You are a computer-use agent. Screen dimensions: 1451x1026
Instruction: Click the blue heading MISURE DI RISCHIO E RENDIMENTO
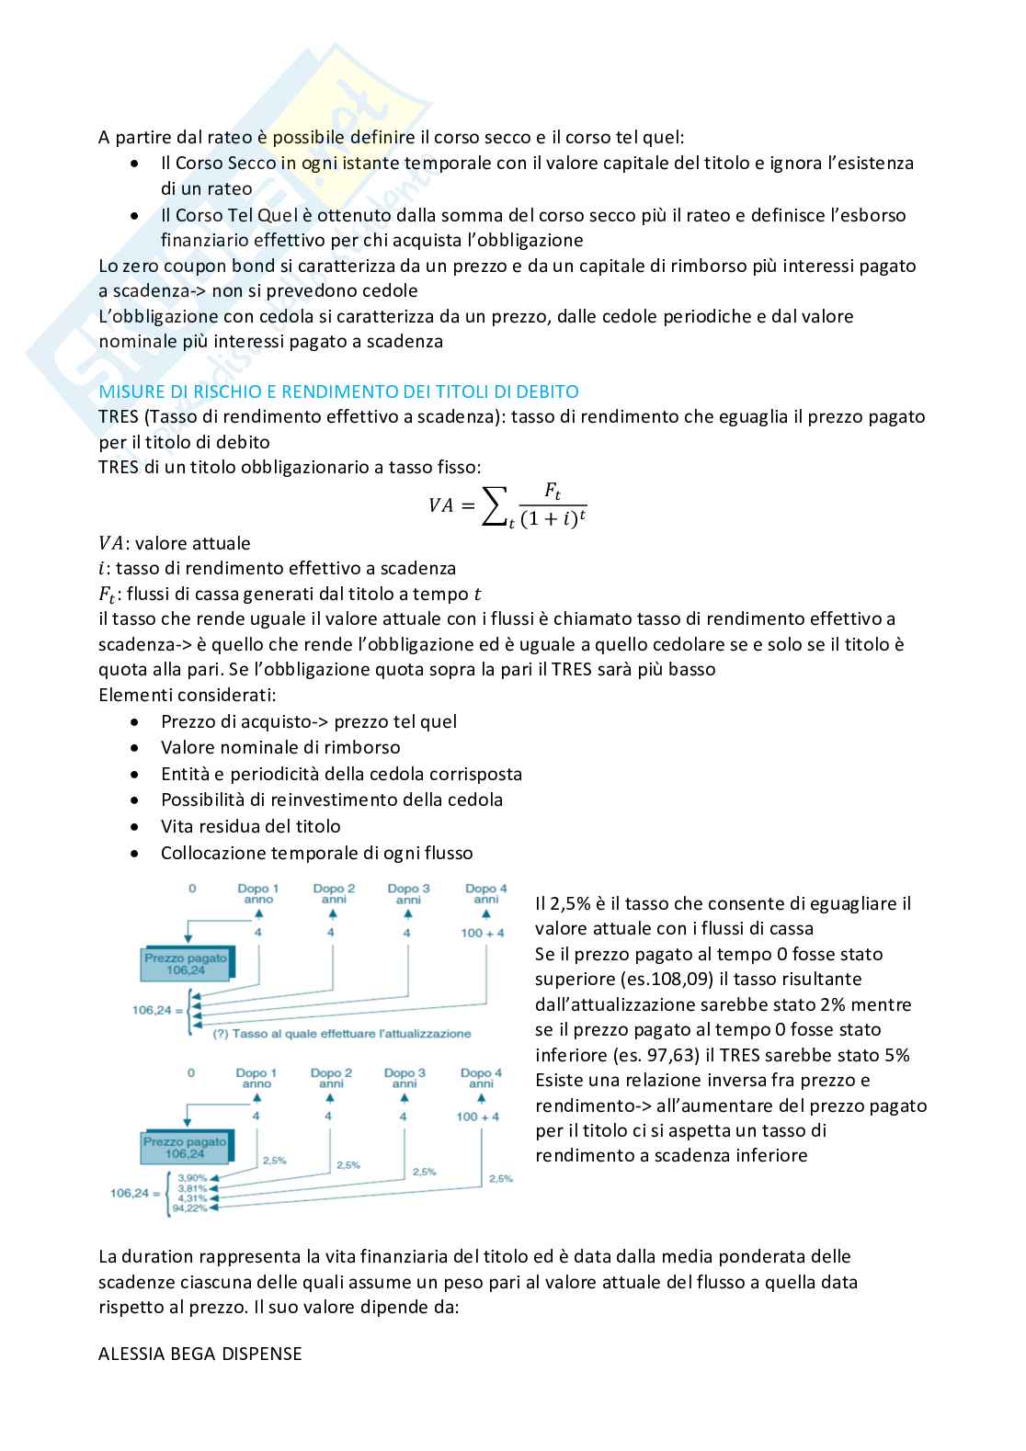[x=338, y=391]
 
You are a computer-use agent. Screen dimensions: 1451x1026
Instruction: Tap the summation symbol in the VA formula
[x=495, y=505]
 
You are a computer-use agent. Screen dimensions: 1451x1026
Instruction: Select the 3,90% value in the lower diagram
[x=192, y=1177]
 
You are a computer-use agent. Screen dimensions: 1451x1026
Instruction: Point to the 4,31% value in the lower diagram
[x=192, y=1198]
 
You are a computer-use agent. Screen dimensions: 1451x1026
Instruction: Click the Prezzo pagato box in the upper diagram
[x=186, y=964]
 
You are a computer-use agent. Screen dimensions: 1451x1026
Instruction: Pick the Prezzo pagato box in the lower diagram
[x=185, y=1148]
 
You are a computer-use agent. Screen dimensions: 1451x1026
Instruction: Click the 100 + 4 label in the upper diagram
[x=483, y=933]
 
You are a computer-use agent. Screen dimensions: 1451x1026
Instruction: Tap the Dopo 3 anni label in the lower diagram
[x=405, y=1078]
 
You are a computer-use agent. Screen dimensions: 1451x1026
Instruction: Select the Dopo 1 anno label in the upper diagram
[x=258, y=893]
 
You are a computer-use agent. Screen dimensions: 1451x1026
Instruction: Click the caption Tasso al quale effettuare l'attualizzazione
[x=342, y=1034]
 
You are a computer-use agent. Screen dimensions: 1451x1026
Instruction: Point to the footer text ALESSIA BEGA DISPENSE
[x=200, y=1354]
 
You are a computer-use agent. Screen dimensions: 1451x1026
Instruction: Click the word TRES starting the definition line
[x=119, y=416]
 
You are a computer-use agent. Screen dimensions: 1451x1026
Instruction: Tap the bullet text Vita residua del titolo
[x=250, y=826]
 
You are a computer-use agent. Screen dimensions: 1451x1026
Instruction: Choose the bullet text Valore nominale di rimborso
[x=280, y=747]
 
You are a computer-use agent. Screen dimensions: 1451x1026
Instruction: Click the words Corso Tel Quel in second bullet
[x=236, y=215]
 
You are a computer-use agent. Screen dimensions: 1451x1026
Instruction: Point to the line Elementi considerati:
[x=188, y=695]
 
